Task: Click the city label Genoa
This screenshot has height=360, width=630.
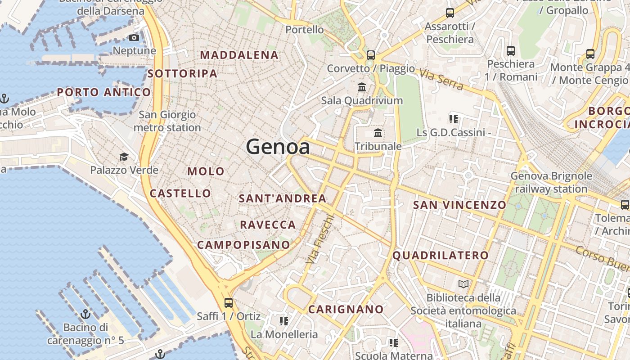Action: (x=278, y=147)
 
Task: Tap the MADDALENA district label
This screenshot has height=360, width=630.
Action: (x=239, y=55)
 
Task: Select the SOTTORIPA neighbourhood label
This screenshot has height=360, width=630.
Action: (x=183, y=73)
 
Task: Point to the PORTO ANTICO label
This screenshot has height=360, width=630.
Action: (x=104, y=93)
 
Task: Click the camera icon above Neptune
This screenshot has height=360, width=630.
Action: (x=134, y=38)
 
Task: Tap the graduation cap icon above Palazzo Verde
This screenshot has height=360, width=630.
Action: (x=124, y=157)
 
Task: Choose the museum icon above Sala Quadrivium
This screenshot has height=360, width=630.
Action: (x=362, y=87)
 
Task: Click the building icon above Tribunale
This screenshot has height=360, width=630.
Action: (x=378, y=133)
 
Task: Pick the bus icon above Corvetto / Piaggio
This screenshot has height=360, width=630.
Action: (x=371, y=55)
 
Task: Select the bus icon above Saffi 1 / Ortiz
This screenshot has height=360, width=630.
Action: (x=229, y=302)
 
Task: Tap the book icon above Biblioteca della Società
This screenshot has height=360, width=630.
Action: (x=463, y=284)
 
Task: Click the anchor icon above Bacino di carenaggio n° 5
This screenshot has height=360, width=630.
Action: (x=85, y=314)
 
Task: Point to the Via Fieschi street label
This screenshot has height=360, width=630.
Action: (x=320, y=239)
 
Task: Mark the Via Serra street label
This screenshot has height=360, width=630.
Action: (x=441, y=79)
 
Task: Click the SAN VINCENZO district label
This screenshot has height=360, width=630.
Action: (x=460, y=205)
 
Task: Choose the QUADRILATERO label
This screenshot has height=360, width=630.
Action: (x=441, y=256)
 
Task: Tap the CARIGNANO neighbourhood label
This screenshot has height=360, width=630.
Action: (x=346, y=310)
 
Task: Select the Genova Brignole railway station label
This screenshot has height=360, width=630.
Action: (x=551, y=182)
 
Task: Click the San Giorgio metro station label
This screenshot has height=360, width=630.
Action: (x=167, y=121)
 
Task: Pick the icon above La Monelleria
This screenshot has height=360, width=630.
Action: (x=283, y=321)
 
